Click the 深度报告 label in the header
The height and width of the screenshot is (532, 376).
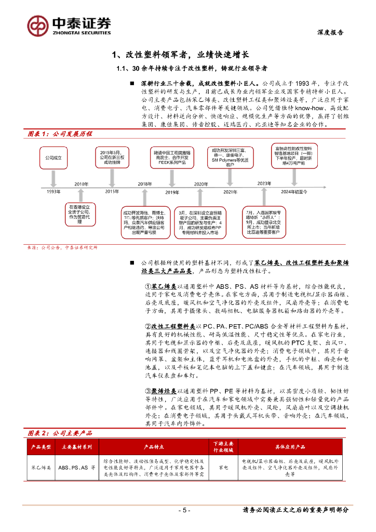click(x=330, y=32)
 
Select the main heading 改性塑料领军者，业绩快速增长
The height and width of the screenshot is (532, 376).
click(x=181, y=54)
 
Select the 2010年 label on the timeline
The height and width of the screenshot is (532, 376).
click(x=81, y=184)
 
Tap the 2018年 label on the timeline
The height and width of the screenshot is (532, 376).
click(x=144, y=184)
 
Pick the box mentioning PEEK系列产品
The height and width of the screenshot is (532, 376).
click(x=172, y=157)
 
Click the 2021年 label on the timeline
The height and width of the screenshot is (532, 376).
click(x=230, y=192)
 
